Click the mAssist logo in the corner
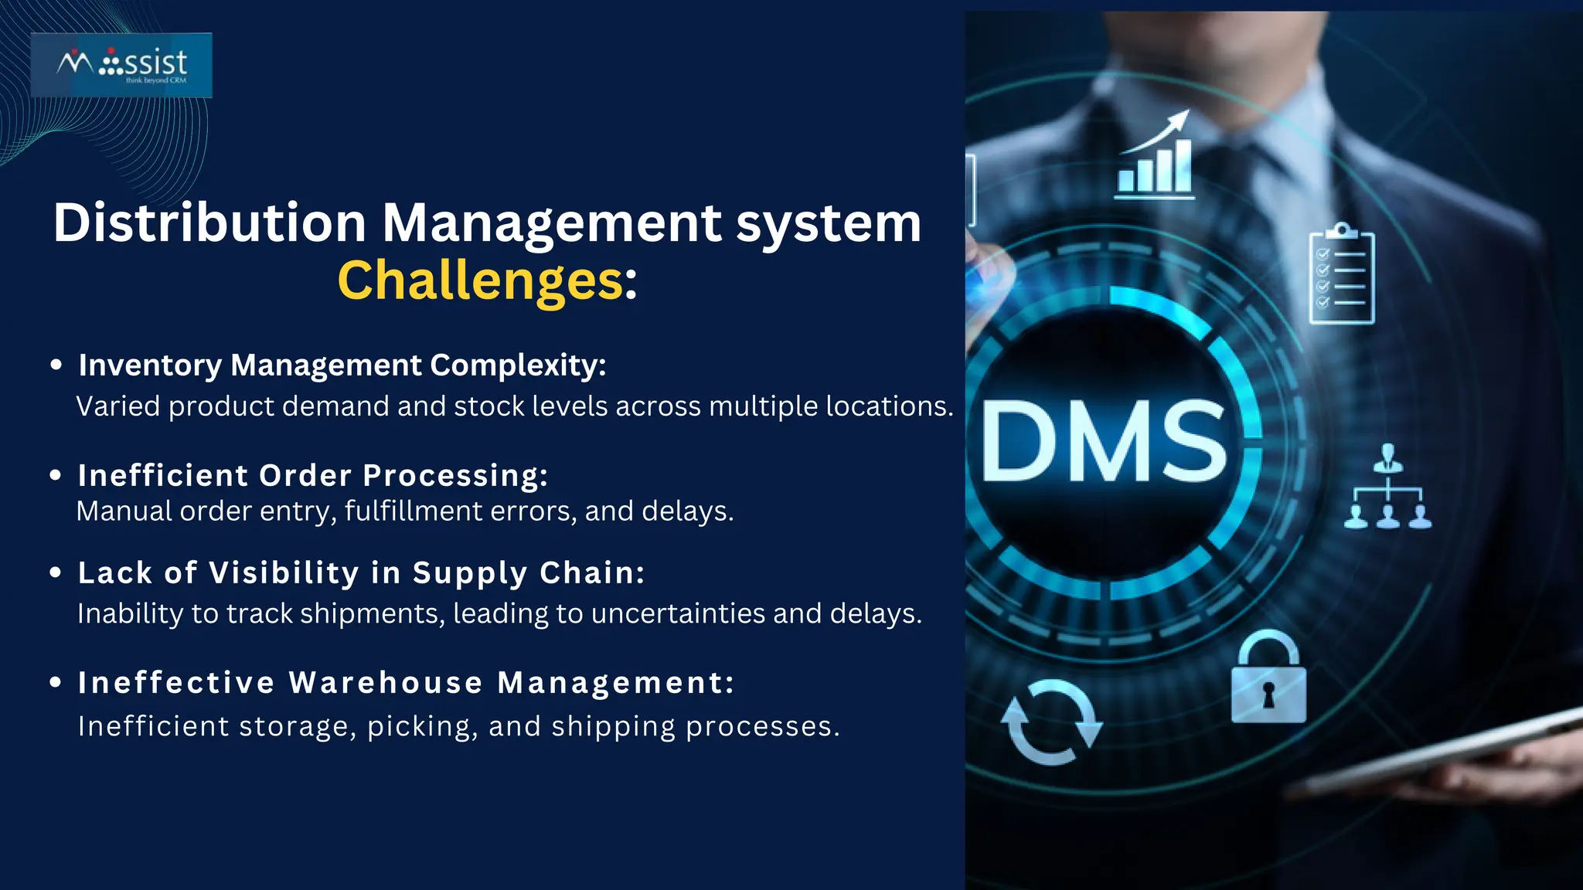(x=121, y=65)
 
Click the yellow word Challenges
(x=479, y=280)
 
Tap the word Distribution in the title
(x=209, y=223)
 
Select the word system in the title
(x=828, y=223)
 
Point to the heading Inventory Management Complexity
(x=342, y=365)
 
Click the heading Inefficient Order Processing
(x=313, y=476)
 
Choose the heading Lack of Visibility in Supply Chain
(x=361, y=573)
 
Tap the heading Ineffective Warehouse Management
(x=406, y=683)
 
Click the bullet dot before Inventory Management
(x=56, y=365)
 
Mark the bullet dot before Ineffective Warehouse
(x=56, y=682)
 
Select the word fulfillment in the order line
(x=413, y=511)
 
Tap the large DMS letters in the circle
(x=1104, y=442)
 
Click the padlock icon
(x=1268, y=679)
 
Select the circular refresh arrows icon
(x=1051, y=722)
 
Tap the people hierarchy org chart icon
(x=1387, y=488)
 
